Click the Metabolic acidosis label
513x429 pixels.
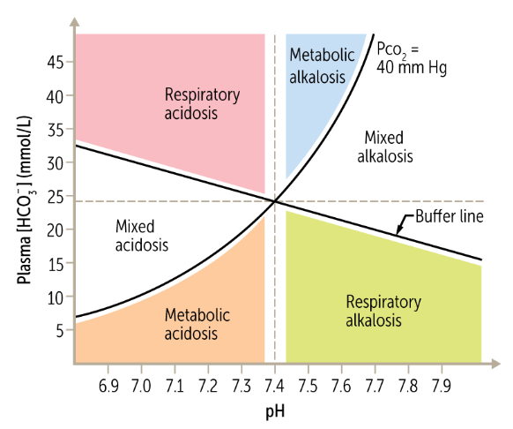point(197,324)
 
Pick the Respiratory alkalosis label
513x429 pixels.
point(383,310)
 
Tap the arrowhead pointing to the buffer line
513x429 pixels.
point(398,231)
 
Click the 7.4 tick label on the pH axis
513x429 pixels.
point(275,387)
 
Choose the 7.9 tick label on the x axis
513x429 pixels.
point(441,387)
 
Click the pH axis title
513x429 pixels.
point(275,412)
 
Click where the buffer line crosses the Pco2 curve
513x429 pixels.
point(276,201)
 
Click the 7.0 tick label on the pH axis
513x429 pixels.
point(142,387)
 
